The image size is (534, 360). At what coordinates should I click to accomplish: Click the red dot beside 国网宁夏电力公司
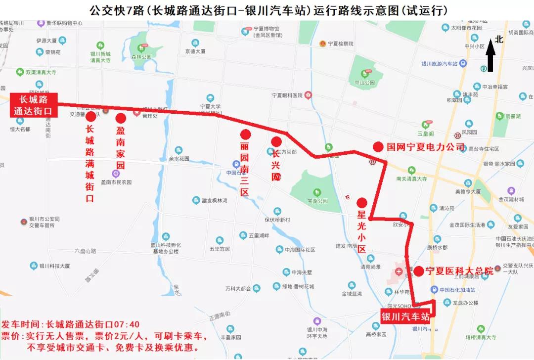[378, 147]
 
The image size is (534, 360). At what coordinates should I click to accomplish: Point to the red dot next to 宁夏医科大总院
[418, 271]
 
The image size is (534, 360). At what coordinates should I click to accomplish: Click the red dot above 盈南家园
[121, 118]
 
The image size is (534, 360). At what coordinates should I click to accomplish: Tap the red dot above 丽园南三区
[245, 134]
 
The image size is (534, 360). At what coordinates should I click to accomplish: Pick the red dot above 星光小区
[361, 202]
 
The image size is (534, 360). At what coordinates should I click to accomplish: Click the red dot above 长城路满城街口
[90, 117]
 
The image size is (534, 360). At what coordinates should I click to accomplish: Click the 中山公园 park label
[365, 83]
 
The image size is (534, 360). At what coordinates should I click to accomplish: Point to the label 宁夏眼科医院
[287, 95]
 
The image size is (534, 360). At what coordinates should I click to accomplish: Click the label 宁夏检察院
[340, 44]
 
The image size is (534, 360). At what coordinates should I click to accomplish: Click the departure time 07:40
[128, 325]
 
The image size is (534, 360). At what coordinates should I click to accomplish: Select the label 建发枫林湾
[214, 200]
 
